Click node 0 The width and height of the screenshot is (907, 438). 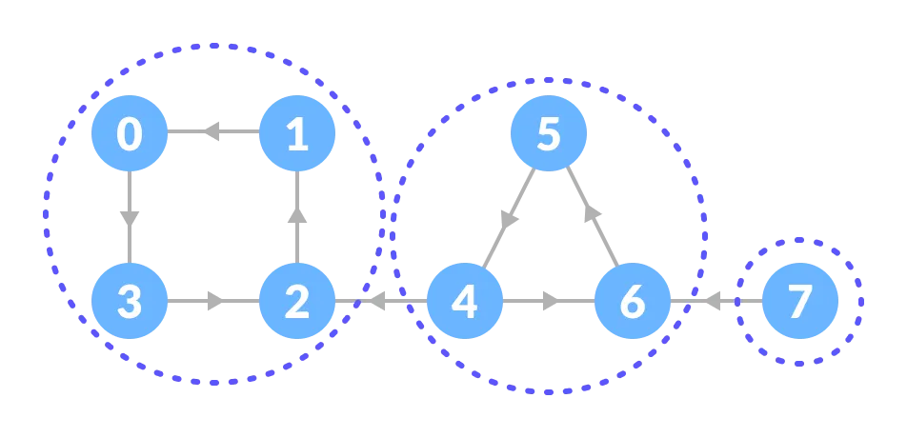coord(130,133)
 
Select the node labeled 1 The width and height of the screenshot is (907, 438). coord(297,133)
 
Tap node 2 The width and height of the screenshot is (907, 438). coord(297,301)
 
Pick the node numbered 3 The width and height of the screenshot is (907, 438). coord(130,301)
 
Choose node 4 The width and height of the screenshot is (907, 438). coord(464,301)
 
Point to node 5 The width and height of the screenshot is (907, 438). coord(548,133)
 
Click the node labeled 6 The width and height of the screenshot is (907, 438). coord(632,301)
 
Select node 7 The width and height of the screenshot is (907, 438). coord(800,301)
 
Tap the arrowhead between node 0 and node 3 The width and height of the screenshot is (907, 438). coord(130,218)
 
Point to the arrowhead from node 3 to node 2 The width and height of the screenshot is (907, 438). coord(216,301)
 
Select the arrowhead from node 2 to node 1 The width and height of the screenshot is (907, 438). coord(297,215)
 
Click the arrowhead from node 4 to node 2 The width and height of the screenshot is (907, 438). coord(374,301)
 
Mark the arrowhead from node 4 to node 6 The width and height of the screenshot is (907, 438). coord(551,301)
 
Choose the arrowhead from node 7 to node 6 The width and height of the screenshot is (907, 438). coord(711,301)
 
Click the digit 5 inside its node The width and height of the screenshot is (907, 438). coord(548,134)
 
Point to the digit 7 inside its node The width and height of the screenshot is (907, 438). coord(800,302)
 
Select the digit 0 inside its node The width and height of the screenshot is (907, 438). coord(130,134)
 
